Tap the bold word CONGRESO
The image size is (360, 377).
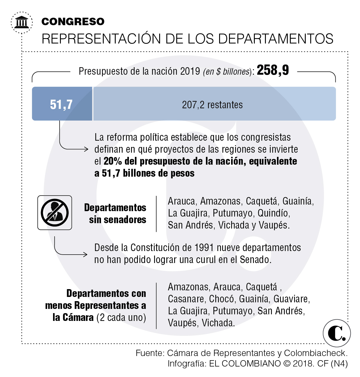point(73,22)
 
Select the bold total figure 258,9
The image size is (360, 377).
point(273,70)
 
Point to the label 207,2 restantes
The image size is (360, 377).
point(212,105)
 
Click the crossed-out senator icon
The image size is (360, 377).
point(55,213)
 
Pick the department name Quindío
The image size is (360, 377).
point(273,213)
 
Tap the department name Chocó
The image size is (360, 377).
point(222,299)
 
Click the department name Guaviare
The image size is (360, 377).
point(291,299)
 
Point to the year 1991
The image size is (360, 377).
point(204,247)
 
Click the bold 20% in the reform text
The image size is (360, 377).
point(113,161)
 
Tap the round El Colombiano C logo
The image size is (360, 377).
point(337,333)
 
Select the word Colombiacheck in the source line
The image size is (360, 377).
point(315,353)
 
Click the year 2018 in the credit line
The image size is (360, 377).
point(303,364)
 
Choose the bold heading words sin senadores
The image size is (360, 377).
point(118,220)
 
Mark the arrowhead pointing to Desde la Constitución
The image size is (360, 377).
point(85,255)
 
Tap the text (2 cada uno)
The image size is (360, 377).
point(121,317)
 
